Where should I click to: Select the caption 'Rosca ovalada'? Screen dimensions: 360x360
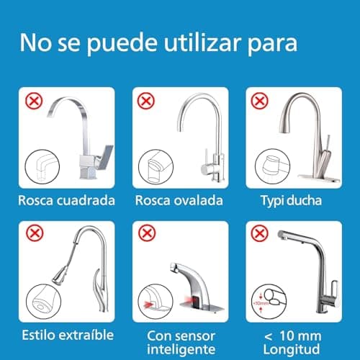179,199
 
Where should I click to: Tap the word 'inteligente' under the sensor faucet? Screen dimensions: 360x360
179,348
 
